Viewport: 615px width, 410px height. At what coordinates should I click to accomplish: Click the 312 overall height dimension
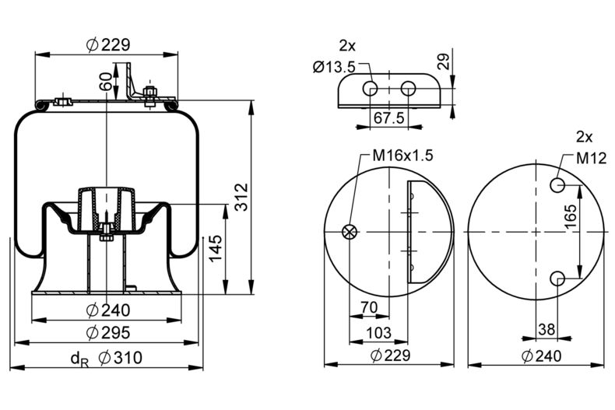[x=241, y=199]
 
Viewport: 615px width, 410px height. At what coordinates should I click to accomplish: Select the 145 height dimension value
[x=216, y=250]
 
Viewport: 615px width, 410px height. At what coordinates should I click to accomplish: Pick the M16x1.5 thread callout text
[x=402, y=155]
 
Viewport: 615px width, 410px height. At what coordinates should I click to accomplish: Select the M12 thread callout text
[x=591, y=158]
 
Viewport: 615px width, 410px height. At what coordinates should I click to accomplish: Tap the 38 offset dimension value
[x=546, y=329]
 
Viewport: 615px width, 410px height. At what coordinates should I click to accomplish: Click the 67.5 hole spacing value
[x=388, y=117]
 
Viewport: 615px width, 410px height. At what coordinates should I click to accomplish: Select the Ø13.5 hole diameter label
[x=334, y=67]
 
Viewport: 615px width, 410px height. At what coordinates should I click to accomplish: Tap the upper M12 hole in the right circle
[x=558, y=185]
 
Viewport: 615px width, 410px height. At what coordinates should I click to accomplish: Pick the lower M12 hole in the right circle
[x=558, y=278]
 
